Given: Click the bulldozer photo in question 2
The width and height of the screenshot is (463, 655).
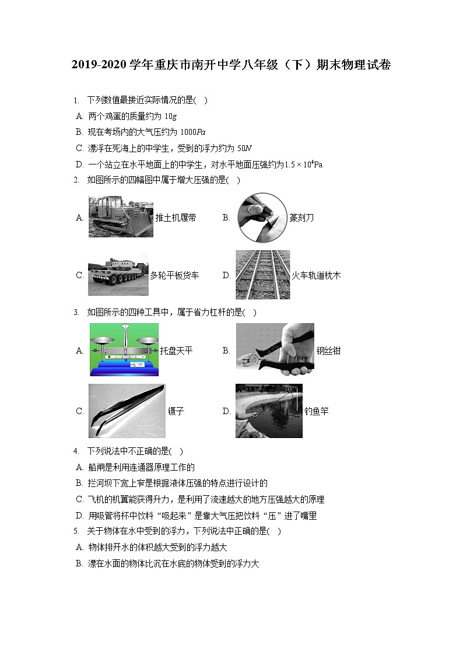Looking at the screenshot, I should click(x=121, y=216).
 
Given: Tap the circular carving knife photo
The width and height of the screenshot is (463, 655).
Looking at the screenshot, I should click(x=262, y=217).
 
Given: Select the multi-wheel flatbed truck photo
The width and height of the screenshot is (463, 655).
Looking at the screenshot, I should click(x=118, y=275).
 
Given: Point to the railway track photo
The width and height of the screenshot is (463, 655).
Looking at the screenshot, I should click(x=262, y=275).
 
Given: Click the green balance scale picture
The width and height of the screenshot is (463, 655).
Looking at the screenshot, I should click(x=124, y=349).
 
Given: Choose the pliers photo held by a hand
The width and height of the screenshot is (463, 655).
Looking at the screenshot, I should click(x=275, y=349).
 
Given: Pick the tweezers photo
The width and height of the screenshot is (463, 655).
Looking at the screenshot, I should click(x=127, y=411).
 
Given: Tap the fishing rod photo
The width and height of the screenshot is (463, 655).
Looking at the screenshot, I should click(x=269, y=411).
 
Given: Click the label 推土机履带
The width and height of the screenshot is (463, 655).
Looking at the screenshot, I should click(x=176, y=218).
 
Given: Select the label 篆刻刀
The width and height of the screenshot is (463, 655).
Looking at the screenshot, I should click(x=301, y=218).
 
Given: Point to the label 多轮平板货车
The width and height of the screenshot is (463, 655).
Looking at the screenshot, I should click(x=174, y=275).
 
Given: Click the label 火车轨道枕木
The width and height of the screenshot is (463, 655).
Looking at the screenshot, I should click(x=315, y=275).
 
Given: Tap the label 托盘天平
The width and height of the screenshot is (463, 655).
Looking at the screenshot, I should click(x=176, y=351).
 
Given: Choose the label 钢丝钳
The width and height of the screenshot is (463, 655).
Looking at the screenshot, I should click(x=328, y=351).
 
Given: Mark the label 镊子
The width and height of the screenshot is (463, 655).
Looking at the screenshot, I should click(x=176, y=411).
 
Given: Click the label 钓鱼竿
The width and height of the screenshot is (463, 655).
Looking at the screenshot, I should click(x=316, y=411).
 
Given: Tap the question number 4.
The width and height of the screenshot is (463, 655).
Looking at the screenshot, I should click(x=76, y=451).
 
